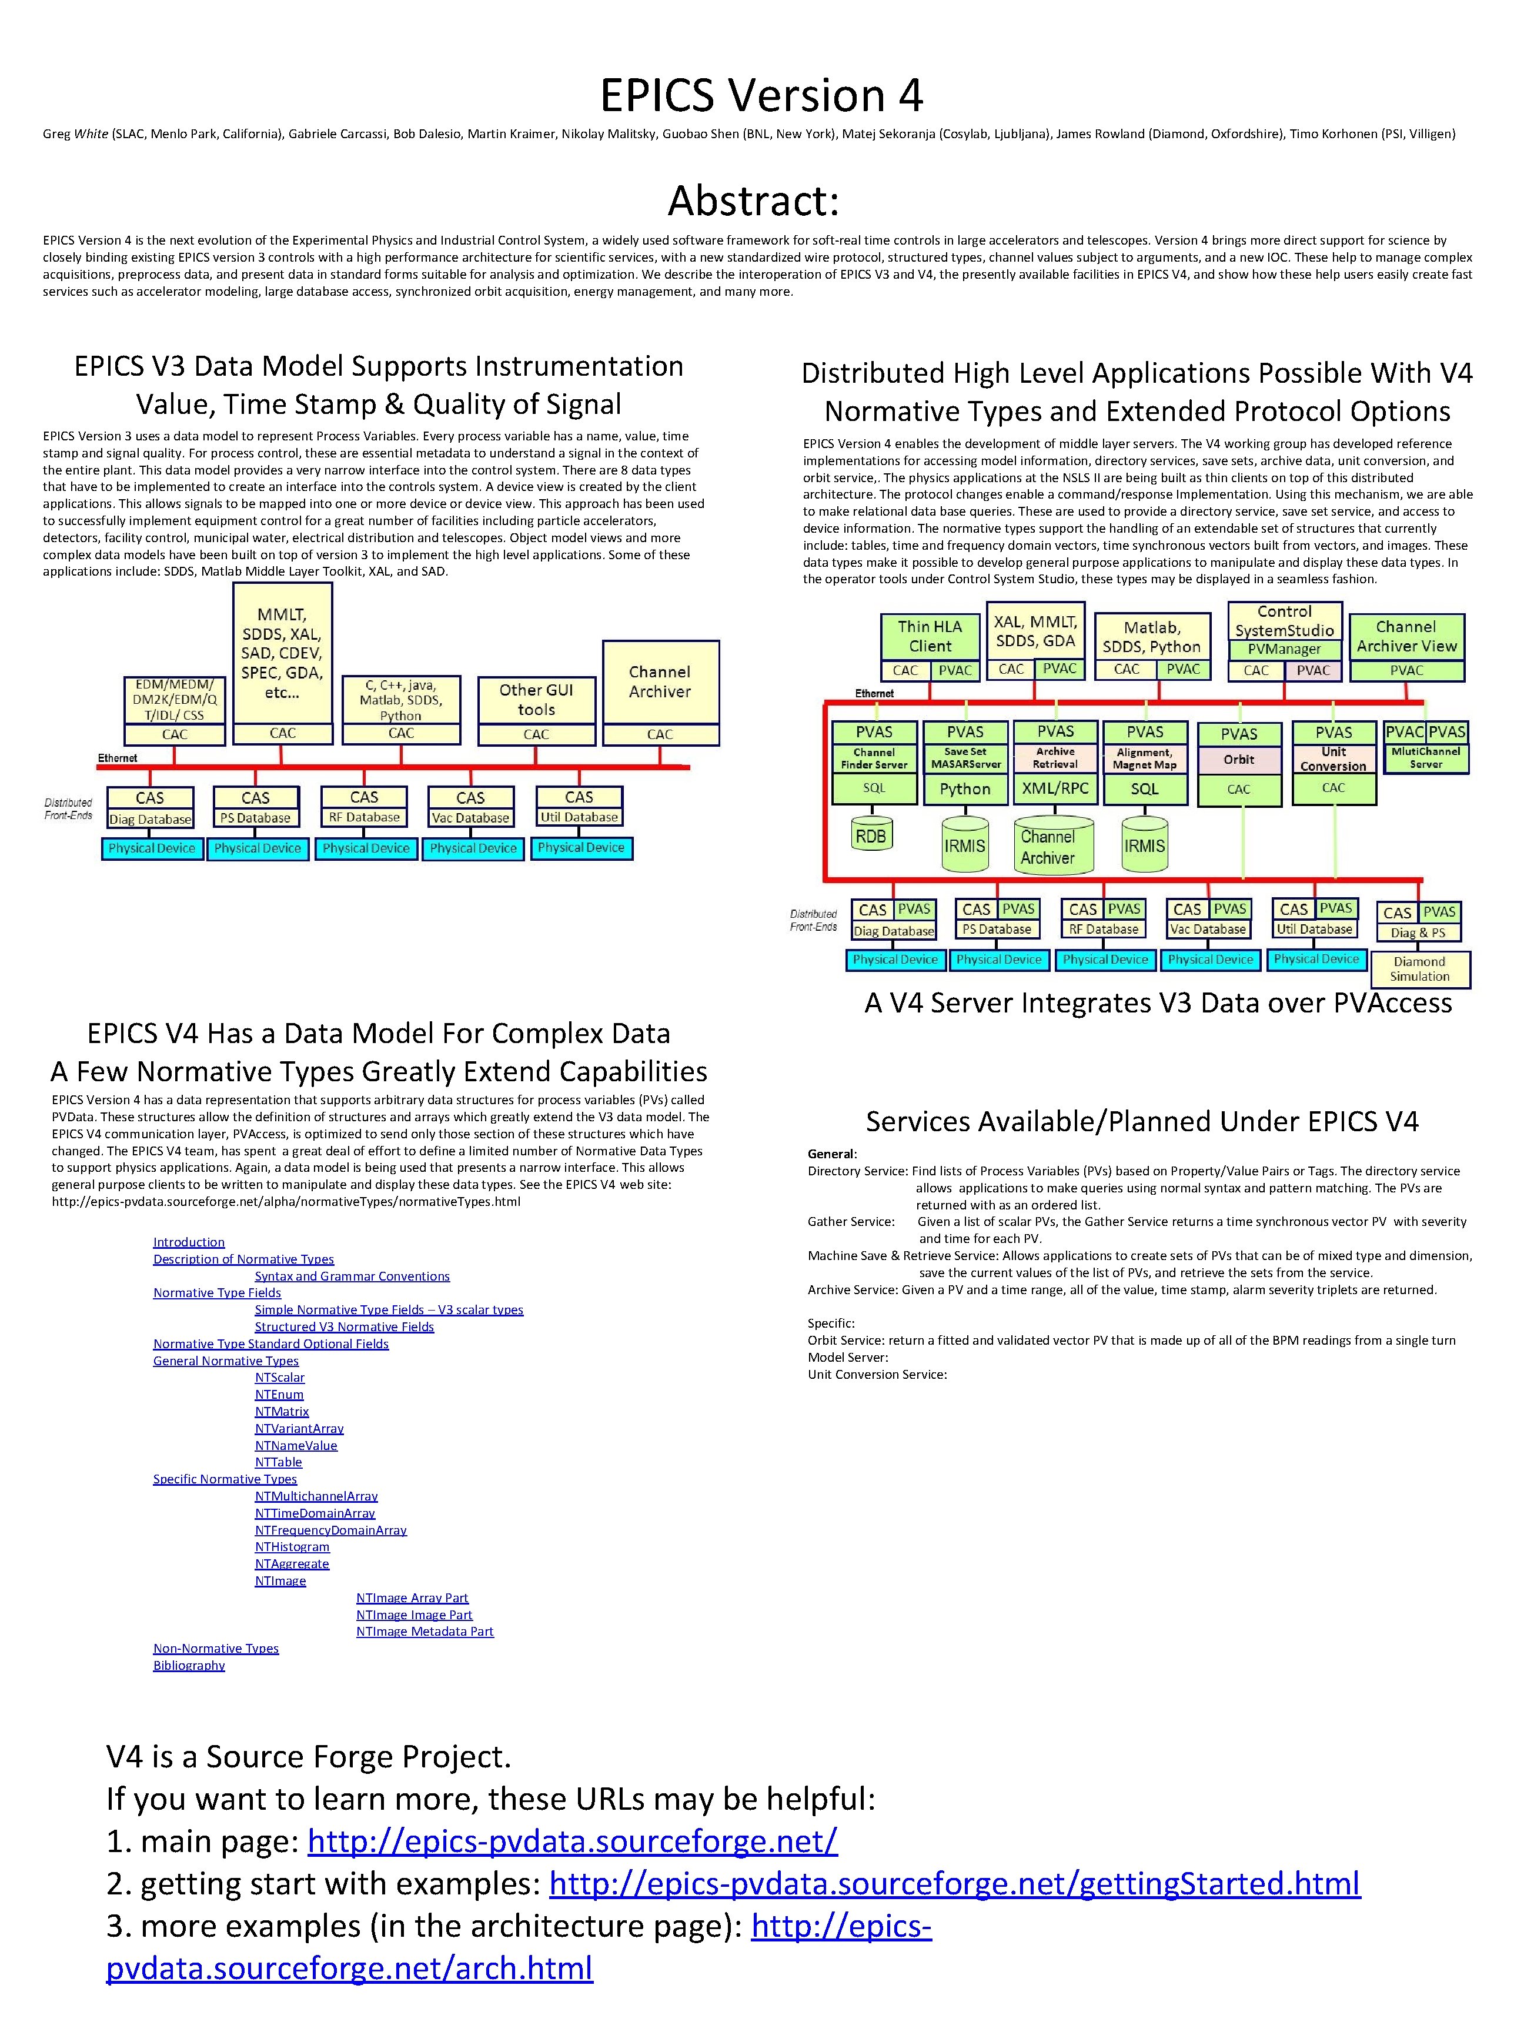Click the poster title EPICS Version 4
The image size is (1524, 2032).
pyautogui.click(x=761, y=95)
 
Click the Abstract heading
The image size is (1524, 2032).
pyautogui.click(x=753, y=200)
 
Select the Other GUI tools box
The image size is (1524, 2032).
pyautogui.click(x=536, y=700)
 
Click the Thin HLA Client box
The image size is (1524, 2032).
pyautogui.click(x=930, y=636)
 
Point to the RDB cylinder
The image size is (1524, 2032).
pyautogui.click(x=871, y=837)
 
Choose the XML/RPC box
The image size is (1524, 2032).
pyautogui.click(x=1055, y=788)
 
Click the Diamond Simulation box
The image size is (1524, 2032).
pyautogui.click(x=1419, y=969)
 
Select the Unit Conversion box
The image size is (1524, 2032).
pyautogui.click(x=1333, y=759)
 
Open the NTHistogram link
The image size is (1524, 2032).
pyautogui.click(x=292, y=1547)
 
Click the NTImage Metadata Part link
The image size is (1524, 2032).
pyautogui.click(x=425, y=1632)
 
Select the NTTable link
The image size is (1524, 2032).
pyautogui.click(x=278, y=1462)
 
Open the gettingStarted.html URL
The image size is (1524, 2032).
pyautogui.click(x=954, y=1883)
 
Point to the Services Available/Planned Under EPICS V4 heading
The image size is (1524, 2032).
pyautogui.click(x=1142, y=1122)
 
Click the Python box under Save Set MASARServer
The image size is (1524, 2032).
pyautogui.click(x=965, y=789)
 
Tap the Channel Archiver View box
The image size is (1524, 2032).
pyautogui.click(x=1406, y=637)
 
